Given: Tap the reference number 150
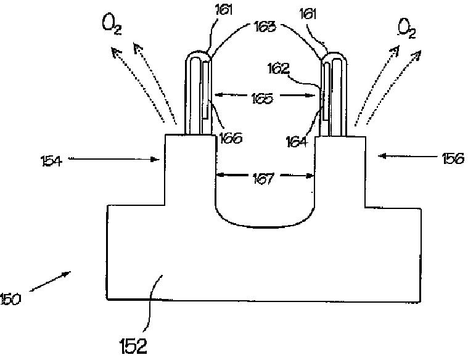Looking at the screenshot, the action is click(x=11, y=300).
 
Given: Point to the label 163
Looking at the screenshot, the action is click(x=265, y=28).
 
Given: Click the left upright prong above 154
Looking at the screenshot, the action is click(x=199, y=92).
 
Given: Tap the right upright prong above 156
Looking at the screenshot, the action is click(x=333, y=92).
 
